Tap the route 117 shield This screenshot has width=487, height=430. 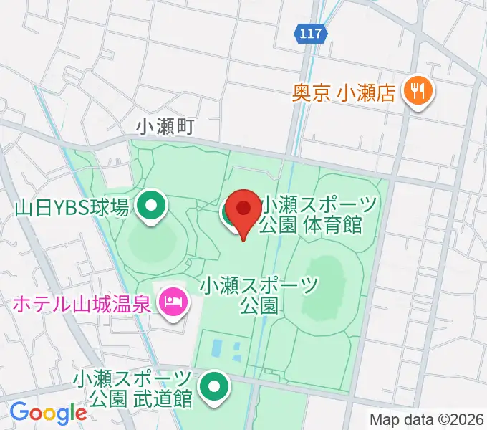[312, 33]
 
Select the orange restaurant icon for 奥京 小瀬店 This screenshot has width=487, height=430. [415, 91]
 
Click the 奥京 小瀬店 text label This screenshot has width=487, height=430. [344, 92]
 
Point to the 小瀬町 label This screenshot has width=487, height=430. [166, 126]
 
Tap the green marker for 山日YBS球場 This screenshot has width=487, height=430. [151, 207]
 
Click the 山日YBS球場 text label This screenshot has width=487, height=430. [72, 208]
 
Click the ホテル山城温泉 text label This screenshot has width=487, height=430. [82, 304]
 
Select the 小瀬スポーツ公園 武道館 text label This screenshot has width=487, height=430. [133, 388]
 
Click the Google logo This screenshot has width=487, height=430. [48, 412]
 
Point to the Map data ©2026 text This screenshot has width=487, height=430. [427, 419]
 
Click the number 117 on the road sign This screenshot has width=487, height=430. [312, 33]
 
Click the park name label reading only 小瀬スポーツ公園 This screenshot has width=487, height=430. [259, 296]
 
